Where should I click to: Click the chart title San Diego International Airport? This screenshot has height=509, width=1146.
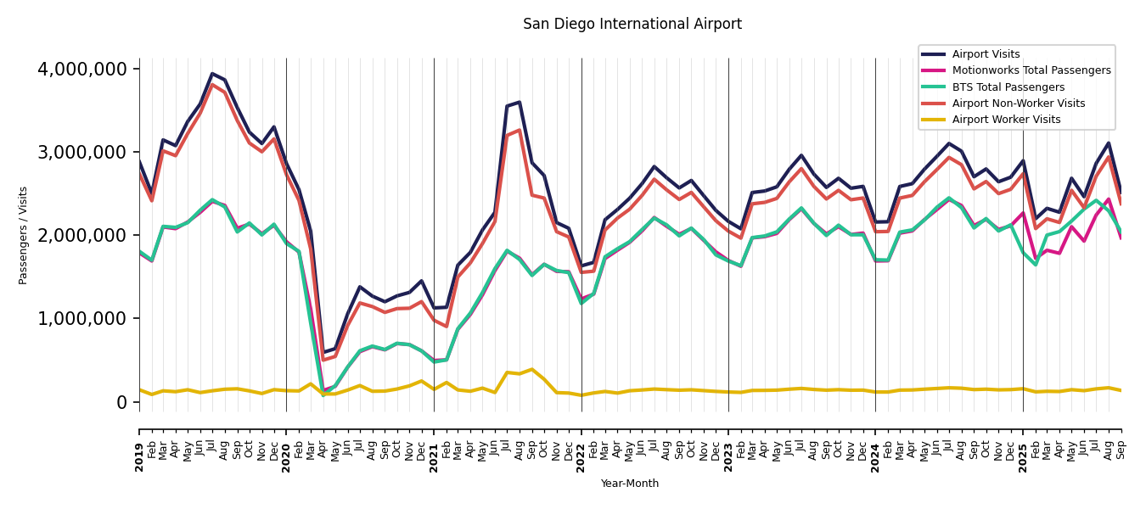632,25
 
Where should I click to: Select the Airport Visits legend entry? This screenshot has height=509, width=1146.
986,54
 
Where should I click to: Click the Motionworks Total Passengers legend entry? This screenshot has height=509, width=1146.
1031,70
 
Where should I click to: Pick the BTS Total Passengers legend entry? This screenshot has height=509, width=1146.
1008,87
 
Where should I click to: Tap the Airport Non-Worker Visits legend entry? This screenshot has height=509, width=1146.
1018,103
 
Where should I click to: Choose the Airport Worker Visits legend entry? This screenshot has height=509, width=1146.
1006,120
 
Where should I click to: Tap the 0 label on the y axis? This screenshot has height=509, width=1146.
121,402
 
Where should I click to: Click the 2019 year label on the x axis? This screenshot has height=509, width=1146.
140,445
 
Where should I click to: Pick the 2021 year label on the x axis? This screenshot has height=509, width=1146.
434,445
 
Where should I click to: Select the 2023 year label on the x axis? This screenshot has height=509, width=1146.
728,445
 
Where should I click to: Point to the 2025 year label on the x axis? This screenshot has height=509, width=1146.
1023,445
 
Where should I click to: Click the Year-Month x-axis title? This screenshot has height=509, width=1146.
629,484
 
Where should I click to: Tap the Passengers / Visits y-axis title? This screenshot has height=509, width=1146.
24,235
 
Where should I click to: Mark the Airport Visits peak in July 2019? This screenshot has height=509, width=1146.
212,74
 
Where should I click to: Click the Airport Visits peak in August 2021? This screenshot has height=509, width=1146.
520,102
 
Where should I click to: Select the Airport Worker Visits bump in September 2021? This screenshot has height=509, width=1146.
531,369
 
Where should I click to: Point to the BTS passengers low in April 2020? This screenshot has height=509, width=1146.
323,394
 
